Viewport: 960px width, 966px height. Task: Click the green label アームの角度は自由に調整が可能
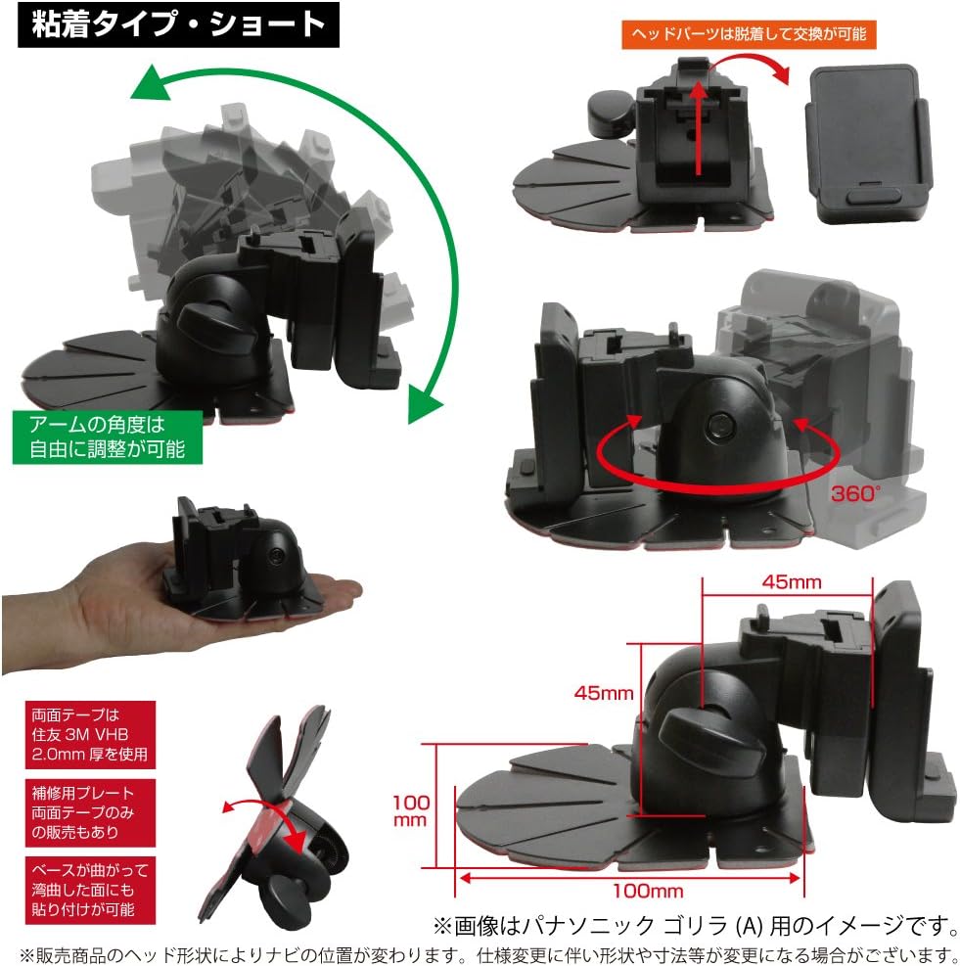(x=107, y=437)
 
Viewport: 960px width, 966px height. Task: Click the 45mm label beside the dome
(x=604, y=693)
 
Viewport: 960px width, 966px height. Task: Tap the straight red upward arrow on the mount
(x=699, y=127)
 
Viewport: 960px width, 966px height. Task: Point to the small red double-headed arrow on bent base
(x=257, y=820)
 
